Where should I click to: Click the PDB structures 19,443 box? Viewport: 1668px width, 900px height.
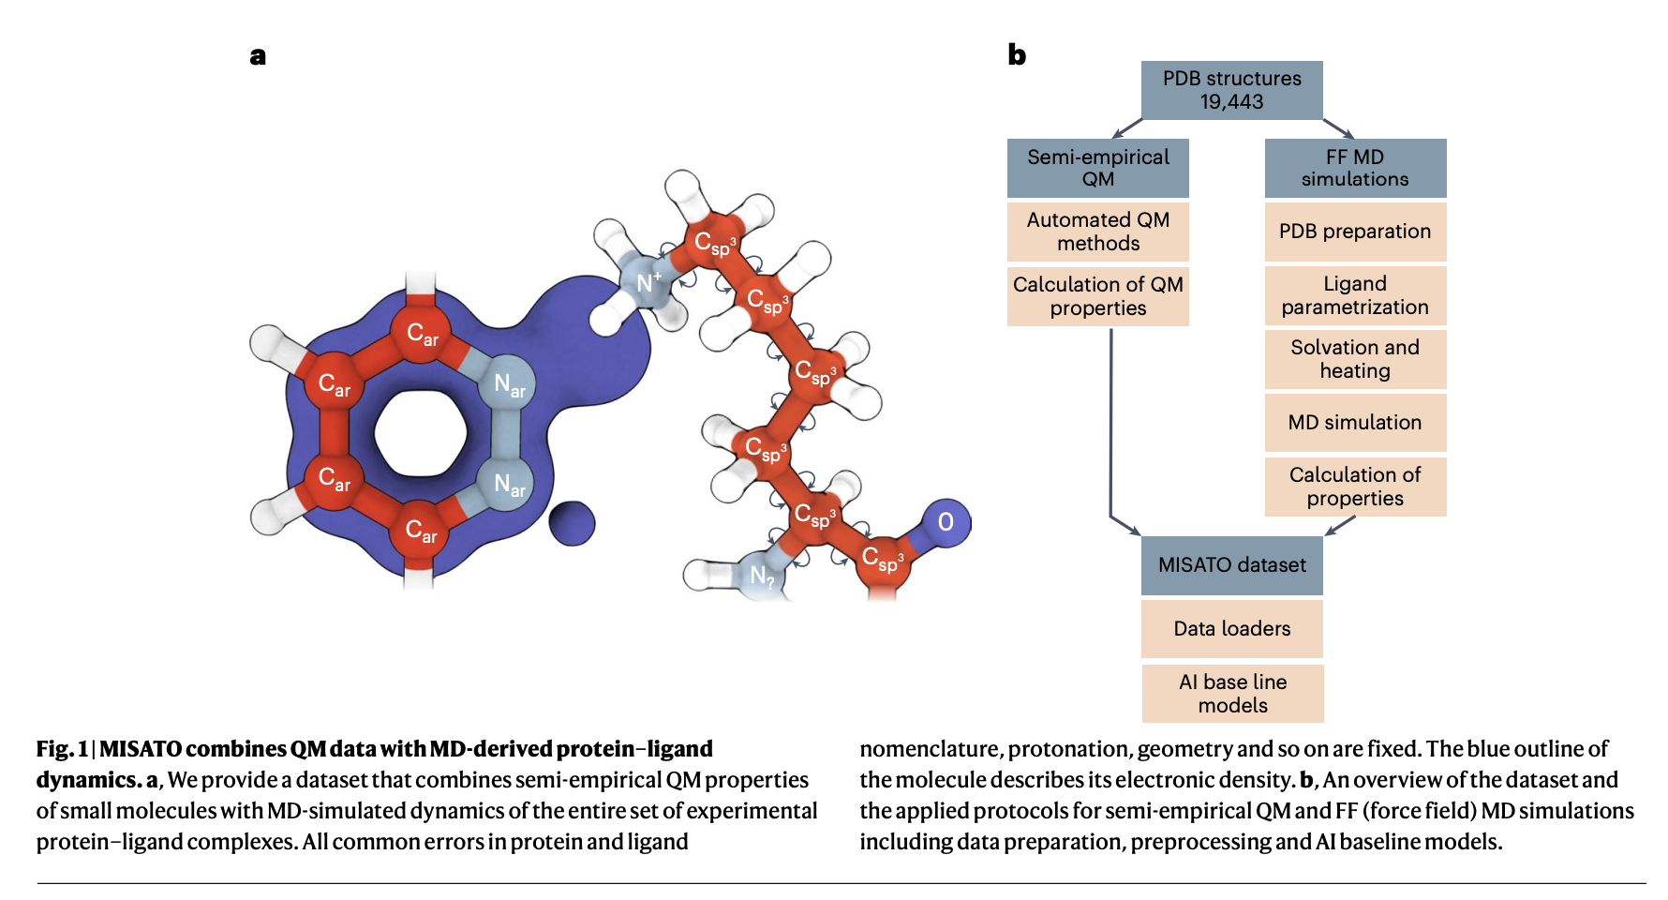point(1231,90)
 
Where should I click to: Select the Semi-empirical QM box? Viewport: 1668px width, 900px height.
point(1097,168)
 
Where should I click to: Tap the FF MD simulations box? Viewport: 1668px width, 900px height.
point(1354,168)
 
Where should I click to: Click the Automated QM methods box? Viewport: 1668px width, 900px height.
point(1097,232)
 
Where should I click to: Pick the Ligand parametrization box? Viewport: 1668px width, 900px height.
point(1354,295)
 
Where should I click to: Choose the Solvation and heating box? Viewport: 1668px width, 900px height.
point(1354,359)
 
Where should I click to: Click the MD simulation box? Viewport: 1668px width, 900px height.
point(1354,423)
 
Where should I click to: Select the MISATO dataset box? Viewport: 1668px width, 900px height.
point(1231,565)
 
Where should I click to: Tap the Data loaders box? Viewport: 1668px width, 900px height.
point(1231,629)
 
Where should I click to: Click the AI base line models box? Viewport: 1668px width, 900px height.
point(1231,694)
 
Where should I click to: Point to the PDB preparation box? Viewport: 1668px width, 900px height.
point(1354,232)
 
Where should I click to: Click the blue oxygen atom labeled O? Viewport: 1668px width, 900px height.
point(946,522)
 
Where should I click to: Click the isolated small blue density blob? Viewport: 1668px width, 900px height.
point(571,523)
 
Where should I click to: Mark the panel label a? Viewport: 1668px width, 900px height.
point(258,56)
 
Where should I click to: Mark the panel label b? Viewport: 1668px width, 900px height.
point(1017,55)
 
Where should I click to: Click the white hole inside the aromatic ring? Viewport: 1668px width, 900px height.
point(420,433)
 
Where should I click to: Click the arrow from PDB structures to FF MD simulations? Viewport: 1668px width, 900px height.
point(1338,128)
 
